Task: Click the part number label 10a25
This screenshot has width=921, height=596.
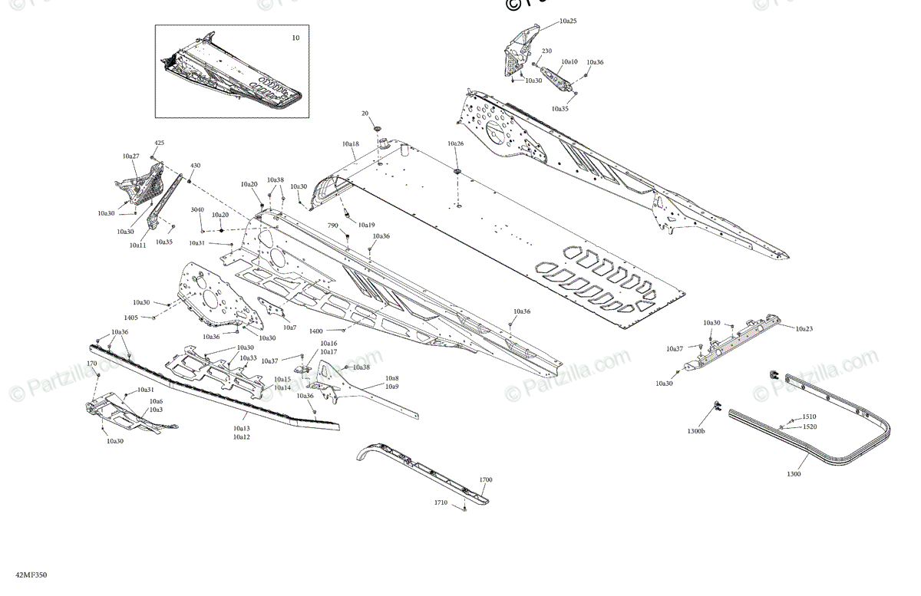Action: (x=568, y=21)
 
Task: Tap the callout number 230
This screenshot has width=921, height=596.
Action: (x=546, y=51)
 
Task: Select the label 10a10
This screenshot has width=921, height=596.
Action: (x=569, y=61)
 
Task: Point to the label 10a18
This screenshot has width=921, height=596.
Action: (x=351, y=143)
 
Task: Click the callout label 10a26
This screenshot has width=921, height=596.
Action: (x=456, y=143)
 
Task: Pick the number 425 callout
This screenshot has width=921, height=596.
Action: (x=159, y=143)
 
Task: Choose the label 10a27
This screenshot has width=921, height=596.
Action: (x=130, y=156)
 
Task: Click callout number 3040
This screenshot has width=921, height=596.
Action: (x=197, y=209)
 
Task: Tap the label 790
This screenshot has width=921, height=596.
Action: (x=333, y=226)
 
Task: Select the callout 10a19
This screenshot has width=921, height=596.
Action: (x=366, y=226)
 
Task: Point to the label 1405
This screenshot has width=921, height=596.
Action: (x=131, y=317)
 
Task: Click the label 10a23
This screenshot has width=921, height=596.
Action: (x=804, y=328)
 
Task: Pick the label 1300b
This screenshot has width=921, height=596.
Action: (x=696, y=431)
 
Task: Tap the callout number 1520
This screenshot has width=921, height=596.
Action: (x=810, y=426)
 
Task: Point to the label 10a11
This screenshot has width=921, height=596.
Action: (x=137, y=245)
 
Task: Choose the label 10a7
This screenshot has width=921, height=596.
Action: (x=289, y=328)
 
